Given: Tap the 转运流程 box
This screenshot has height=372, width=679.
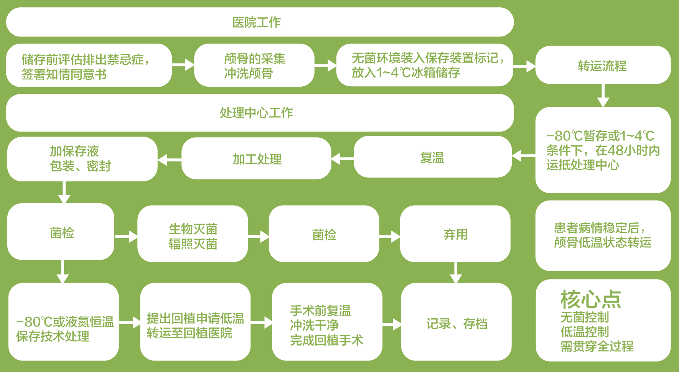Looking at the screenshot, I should (x=602, y=66).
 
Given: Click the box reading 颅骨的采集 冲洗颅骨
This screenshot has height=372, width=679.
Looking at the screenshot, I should (x=254, y=66).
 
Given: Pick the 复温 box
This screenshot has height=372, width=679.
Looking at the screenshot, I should (x=432, y=158).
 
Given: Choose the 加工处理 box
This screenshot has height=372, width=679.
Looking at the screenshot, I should (x=257, y=159).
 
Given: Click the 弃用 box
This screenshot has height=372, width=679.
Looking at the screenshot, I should (x=455, y=234).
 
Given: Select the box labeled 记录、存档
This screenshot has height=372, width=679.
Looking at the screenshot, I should (x=457, y=324).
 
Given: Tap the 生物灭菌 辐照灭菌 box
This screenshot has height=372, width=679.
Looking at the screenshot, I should (x=193, y=236).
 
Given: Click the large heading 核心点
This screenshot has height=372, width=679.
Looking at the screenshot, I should (x=591, y=299).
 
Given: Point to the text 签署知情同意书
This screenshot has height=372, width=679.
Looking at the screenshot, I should (x=64, y=74).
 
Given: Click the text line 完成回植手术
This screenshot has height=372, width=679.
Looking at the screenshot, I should (x=326, y=340).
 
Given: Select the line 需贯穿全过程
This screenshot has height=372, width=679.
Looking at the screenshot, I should (x=597, y=346).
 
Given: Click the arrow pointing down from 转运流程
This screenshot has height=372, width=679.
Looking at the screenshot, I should (x=603, y=95).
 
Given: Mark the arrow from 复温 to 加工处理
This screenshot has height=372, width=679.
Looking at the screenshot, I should (x=342, y=158).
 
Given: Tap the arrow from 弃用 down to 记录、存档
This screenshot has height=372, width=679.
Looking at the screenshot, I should (x=455, y=273).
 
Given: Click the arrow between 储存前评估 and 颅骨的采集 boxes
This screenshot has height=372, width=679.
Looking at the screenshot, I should (x=183, y=65).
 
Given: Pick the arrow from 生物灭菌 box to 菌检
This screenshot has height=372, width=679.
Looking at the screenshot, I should (x=259, y=236).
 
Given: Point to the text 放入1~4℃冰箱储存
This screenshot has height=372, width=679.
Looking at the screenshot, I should (x=406, y=72).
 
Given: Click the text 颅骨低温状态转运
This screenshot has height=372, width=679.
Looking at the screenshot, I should (x=603, y=242).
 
